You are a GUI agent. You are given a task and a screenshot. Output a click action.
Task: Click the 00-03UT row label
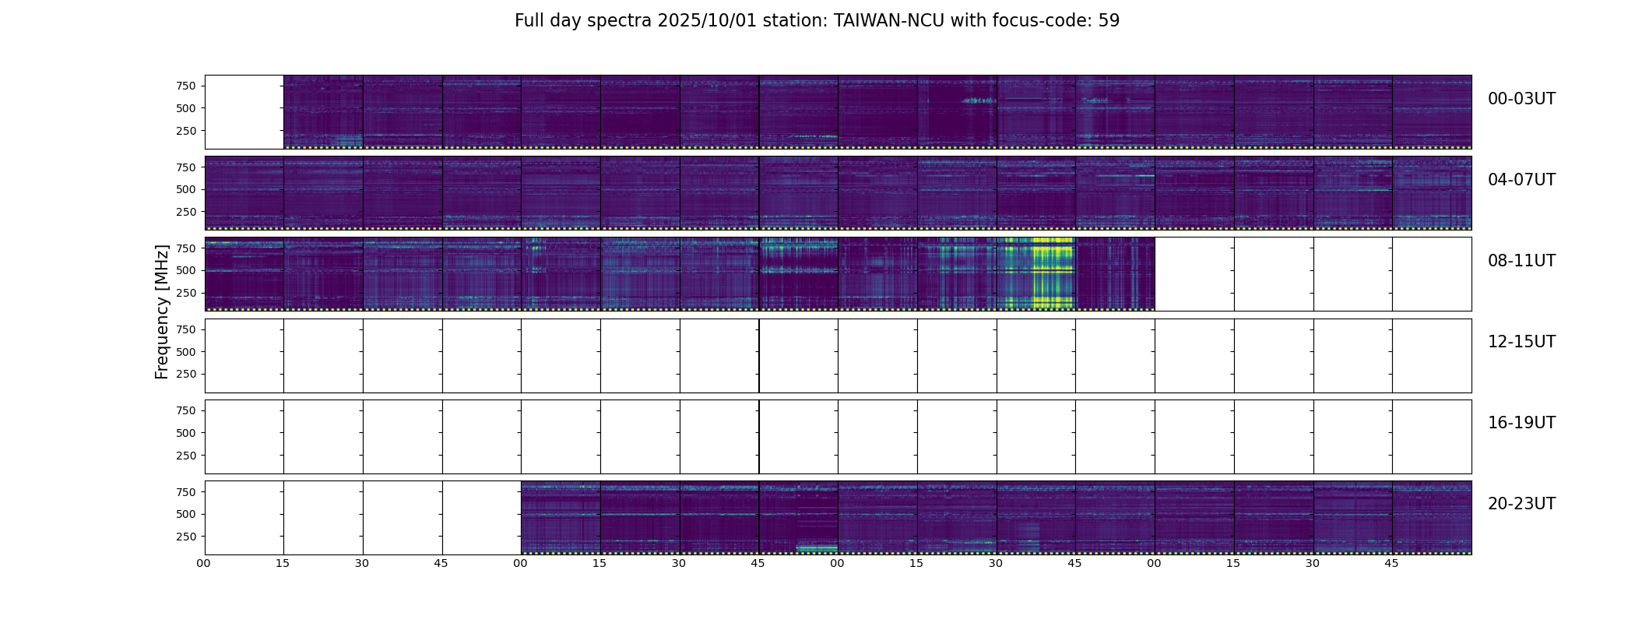coord(1521,99)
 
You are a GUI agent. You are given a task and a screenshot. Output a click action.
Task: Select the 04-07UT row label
coord(1521,180)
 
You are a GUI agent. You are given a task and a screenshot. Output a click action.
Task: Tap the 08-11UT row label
coord(1521,261)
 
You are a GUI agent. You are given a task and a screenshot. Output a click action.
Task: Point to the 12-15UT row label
coord(1521,342)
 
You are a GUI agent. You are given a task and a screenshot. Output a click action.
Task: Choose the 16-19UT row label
coord(1521,423)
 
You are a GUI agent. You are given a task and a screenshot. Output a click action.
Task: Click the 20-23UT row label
coord(1521,504)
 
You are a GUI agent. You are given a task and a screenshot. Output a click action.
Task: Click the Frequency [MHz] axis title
coord(162,311)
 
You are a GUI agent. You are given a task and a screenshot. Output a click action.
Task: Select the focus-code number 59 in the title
coord(1109,21)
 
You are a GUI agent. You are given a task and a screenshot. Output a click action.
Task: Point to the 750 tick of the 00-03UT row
coord(186,86)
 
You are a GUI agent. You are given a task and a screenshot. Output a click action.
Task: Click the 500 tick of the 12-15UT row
coord(186,352)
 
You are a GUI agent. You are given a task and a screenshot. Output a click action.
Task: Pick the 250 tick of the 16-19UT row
coord(186,456)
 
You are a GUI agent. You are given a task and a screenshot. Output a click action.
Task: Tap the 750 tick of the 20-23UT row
coord(186,492)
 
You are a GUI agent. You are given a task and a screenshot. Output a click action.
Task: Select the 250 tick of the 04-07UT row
coord(186,212)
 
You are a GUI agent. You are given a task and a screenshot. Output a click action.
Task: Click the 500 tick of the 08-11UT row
coord(186,271)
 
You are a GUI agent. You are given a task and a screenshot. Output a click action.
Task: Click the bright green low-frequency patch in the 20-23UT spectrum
coord(817,548)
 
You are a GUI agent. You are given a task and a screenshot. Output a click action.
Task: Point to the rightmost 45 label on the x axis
coord(1391,563)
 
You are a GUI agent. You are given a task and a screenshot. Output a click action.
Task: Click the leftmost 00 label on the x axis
coord(204,563)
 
